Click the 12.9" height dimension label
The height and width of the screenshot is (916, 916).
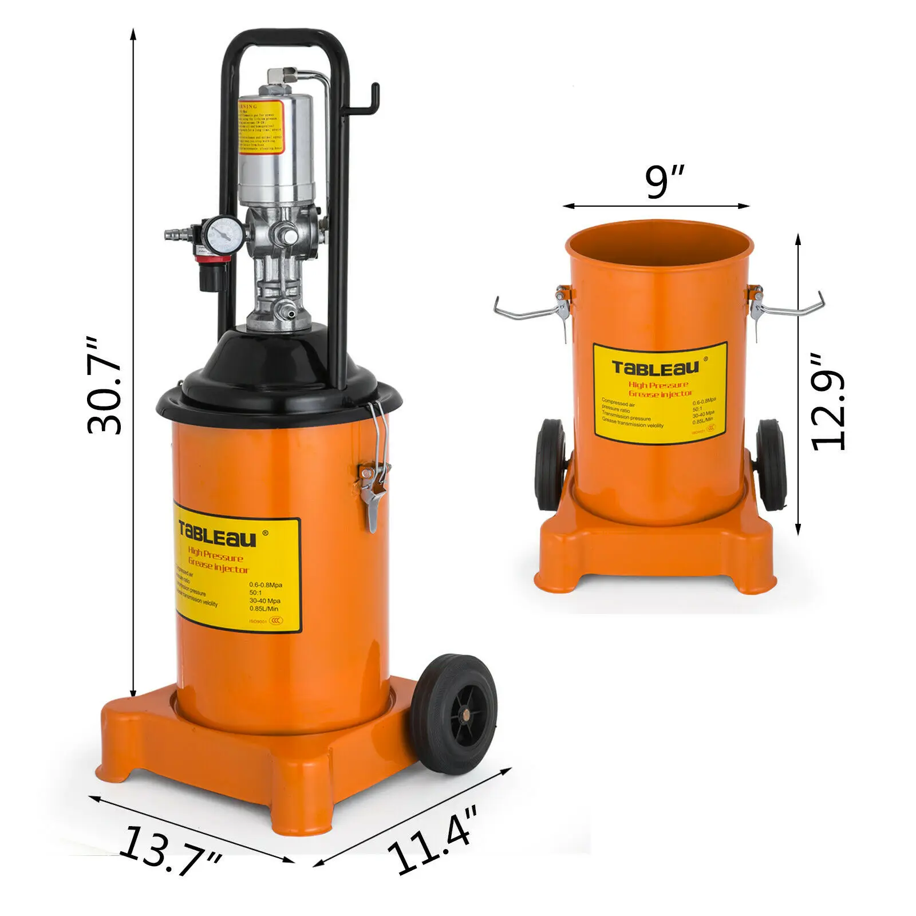pos(828,402)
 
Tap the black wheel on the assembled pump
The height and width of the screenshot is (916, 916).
pos(455,714)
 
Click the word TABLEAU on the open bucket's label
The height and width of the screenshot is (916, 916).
pos(656,366)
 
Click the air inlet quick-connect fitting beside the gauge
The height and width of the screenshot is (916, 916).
pos(175,234)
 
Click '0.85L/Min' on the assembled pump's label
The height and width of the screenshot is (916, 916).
pos(264,609)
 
